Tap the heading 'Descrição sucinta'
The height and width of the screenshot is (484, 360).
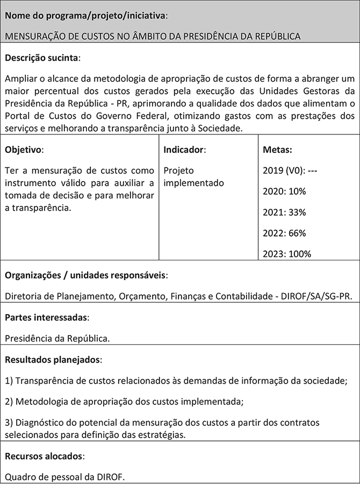pyautogui.click(x=42, y=57)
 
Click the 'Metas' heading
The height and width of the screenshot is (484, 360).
pyautogui.click(x=277, y=150)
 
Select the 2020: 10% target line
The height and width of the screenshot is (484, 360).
pyautogui.click(x=284, y=191)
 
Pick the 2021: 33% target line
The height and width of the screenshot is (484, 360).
pyautogui.click(x=284, y=212)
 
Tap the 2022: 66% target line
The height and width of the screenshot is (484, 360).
pyautogui.click(x=284, y=233)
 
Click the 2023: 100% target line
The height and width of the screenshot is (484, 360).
pyautogui.click(x=287, y=254)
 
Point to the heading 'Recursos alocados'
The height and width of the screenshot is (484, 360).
pyautogui.click(x=45, y=456)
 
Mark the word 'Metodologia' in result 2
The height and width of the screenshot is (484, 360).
pyautogui.click(x=42, y=401)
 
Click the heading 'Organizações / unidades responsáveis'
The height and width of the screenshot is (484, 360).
pyautogui.click(x=86, y=275)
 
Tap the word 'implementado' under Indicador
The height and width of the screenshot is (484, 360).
pyautogui.click(x=193, y=183)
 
